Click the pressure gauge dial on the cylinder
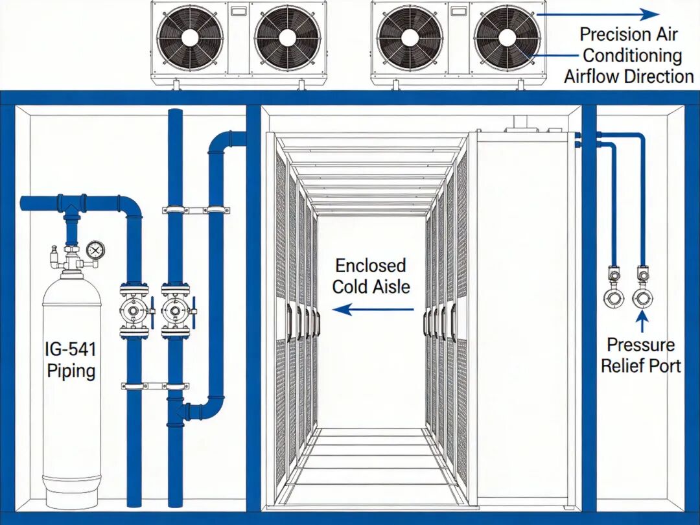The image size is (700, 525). (95, 249)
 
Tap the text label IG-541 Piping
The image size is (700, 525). (71, 360)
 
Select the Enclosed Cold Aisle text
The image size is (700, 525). (371, 275)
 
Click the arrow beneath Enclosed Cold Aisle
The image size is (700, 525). (373, 310)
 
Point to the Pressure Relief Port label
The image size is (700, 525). (640, 355)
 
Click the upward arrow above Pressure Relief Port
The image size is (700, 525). (642, 320)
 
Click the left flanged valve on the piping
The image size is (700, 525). (134, 312)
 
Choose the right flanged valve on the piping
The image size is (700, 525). (175, 312)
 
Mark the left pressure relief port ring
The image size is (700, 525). (613, 299)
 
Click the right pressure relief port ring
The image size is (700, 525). (642, 299)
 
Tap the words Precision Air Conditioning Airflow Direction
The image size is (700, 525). (628, 55)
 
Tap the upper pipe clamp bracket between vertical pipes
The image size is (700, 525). (196, 210)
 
